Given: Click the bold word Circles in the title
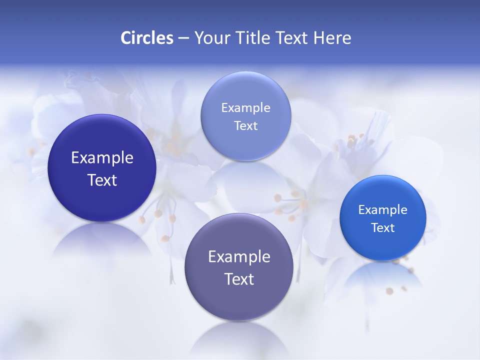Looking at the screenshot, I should (146, 38).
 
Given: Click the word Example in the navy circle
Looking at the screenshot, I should (102, 158).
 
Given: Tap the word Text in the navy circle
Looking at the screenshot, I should (102, 180).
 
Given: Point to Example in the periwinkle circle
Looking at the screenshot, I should (245, 107).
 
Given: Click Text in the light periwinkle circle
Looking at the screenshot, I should (245, 125).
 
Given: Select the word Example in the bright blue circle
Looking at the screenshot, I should (383, 209).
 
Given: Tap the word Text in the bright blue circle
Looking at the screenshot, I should (383, 227).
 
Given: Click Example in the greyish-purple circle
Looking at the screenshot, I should (239, 256).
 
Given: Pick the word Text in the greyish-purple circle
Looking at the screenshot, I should (239, 278).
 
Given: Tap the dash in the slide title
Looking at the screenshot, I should (183, 38).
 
